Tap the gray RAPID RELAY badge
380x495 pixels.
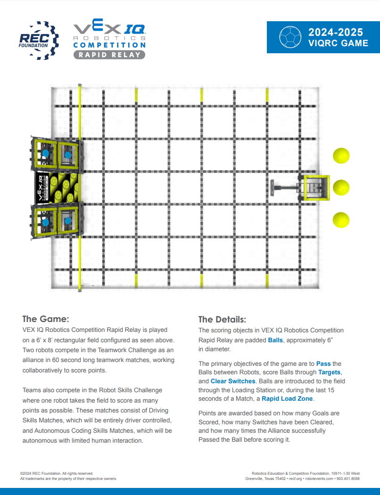[x=109, y=55]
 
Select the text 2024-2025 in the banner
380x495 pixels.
[x=336, y=32]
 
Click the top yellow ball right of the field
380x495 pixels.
[x=341, y=156]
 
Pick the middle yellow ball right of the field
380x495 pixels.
[x=341, y=188]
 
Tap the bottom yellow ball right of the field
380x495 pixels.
[x=341, y=220]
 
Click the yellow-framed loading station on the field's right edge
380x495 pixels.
[x=316, y=188]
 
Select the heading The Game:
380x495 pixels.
[x=46, y=319]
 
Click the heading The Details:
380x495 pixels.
[x=222, y=319]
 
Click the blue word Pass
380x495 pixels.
[x=323, y=363]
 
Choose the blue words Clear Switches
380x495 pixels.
[x=233, y=381]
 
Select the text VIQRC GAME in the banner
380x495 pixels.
[x=338, y=43]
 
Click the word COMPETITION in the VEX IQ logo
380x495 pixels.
[x=109, y=45]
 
